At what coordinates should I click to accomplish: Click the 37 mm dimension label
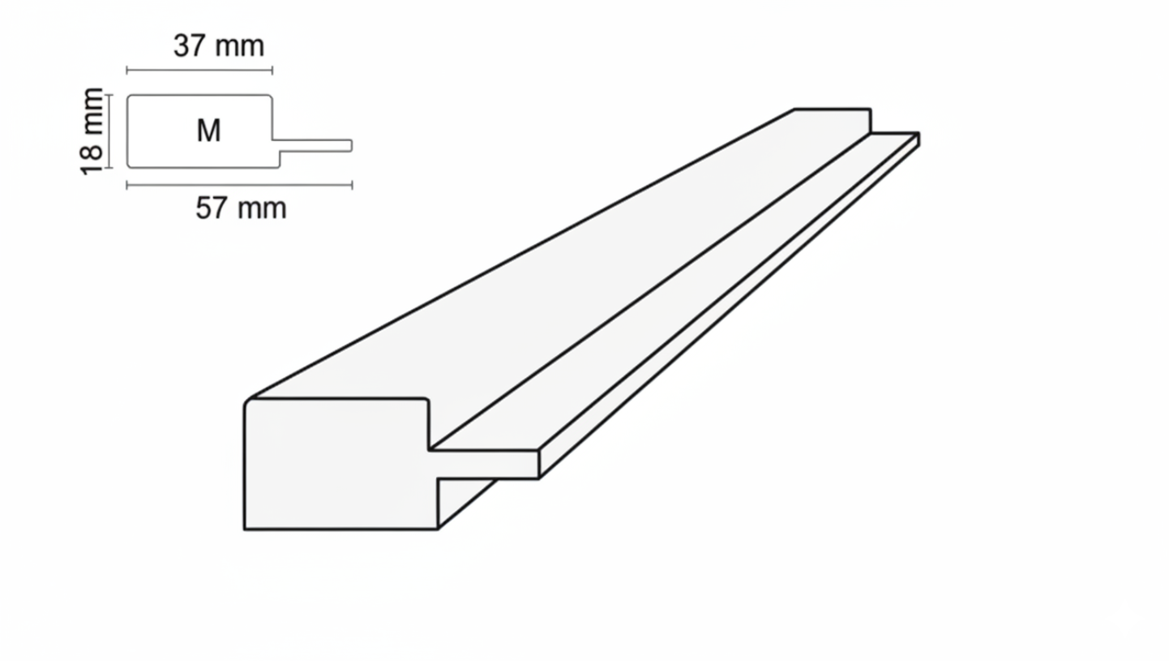click(x=219, y=46)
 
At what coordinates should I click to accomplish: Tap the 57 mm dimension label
click(x=241, y=208)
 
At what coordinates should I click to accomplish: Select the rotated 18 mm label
click(x=92, y=131)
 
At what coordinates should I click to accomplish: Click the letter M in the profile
click(x=209, y=131)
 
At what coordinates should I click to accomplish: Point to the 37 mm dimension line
click(x=199, y=70)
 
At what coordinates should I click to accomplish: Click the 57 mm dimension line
click(x=239, y=185)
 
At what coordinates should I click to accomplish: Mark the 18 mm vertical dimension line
click(x=109, y=131)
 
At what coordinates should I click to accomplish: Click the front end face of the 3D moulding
click(x=339, y=465)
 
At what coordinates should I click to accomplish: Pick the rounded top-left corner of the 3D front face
click(x=247, y=401)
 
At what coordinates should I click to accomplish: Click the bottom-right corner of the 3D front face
click(x=437, y=530)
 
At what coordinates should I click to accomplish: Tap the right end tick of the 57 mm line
click(x=353, y=185)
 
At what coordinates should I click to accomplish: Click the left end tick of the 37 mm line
click(x=126, y=70)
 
